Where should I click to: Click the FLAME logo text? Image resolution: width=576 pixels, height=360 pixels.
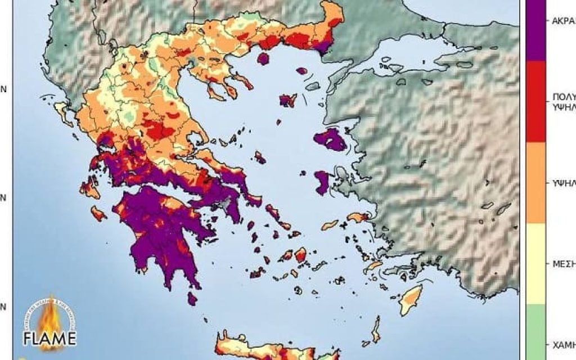click(49, 339)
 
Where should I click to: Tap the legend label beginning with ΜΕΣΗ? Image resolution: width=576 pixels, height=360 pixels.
click(562, 263)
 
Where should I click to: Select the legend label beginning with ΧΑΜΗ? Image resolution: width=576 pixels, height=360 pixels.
click(562, 343)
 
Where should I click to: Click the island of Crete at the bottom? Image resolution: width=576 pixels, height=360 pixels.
click(270, 346)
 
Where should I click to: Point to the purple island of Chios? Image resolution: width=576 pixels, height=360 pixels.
click(322, 183)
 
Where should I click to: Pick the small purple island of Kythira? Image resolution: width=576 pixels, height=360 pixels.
click(192, 298)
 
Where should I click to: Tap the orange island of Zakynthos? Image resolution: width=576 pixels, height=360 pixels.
click(98, 213)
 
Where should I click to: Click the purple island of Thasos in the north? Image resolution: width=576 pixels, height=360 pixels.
click(263, 58)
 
